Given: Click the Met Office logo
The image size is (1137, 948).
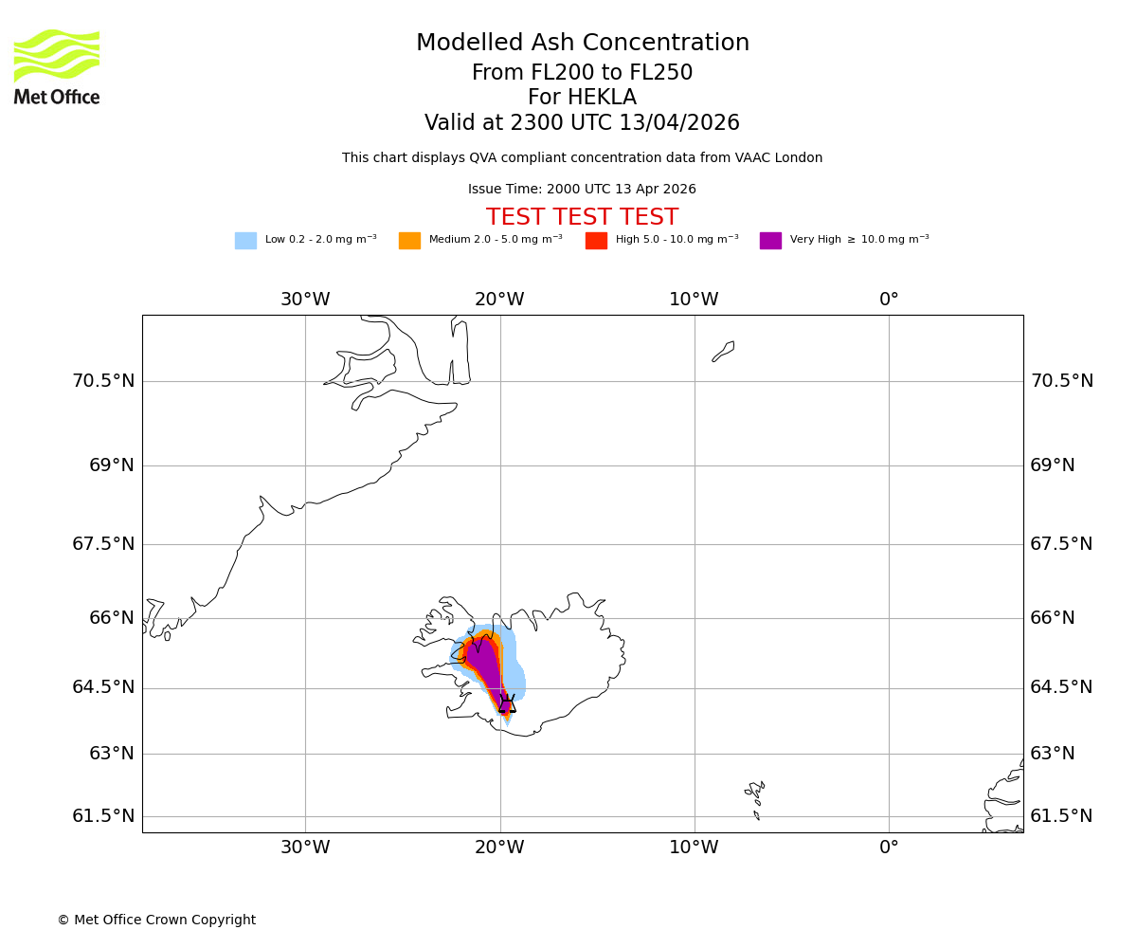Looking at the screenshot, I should click(x=57, y=66).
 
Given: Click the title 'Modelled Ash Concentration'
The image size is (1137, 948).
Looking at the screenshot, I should click(x=582, y=44).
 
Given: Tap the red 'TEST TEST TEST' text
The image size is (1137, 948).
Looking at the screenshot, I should click(x=582, y=218).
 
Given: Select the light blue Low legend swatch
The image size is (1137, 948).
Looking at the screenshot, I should click(x=245, y=241).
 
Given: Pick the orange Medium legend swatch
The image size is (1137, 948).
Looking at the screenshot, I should click(x=409, y=241).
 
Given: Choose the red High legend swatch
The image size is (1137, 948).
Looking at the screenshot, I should click(x=596, y=241).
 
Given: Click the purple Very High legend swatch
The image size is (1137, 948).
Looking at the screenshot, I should click(x=770, y=241).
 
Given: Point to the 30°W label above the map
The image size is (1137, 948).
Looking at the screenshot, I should click(x=305, y=300).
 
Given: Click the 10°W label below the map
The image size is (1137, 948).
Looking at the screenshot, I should click(x=694, y=848).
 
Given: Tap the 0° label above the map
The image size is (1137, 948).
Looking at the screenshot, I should click(x=889, y=300).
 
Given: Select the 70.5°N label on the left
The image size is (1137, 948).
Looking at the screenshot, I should click(x=103, y=381).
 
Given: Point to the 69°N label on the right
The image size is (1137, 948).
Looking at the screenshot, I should click(x=1053, y=465).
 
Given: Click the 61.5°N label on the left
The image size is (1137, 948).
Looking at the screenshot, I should click(x=103, y=816).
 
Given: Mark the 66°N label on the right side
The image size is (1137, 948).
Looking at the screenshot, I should click(x=1053, y=618).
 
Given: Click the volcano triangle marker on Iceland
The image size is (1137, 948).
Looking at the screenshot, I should click(x=507, y=704).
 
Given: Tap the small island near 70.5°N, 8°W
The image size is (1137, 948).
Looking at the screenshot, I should click(x=723, y=351).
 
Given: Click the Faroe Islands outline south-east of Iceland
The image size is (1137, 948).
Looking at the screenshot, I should click(x=755, y=796).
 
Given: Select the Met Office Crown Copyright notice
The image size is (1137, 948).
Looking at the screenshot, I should click(x=156, y=921).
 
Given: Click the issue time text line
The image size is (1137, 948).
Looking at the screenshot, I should click(x=582, y=190).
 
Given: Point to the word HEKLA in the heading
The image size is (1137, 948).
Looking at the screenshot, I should click(x=602, y=98).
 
